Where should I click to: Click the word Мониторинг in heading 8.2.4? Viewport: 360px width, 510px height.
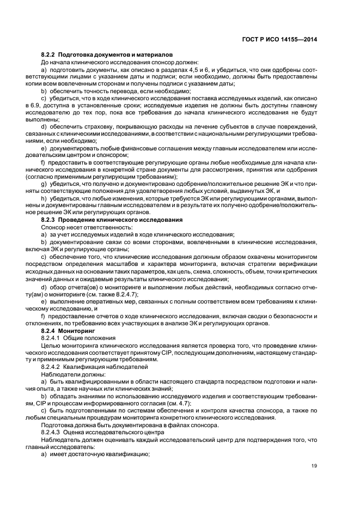pos(76,331)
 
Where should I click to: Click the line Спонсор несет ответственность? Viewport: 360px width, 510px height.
pos(77,227)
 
